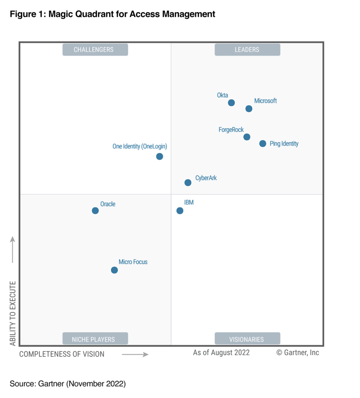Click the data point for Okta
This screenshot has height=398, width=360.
pyautogui.click(x=231, y=103)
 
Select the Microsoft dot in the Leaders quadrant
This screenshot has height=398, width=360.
pyautogui.click(x=249, y=108)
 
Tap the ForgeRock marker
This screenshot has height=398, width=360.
pyautogui.click(x=246, y=137)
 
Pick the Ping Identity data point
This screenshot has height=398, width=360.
pyautogui.click(x=263, y=143)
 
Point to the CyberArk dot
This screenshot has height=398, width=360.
pyautogui.click(x=188, y=182)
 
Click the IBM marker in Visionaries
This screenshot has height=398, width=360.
pyautogui.click(x=180, y=211)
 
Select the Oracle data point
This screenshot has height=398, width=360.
pyautogui.click(x=95, y=211)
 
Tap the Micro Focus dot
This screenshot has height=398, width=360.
pyautogui.click(x=114, y=270)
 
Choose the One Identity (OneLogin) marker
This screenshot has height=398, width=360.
pyautogui.click(x=159, y=156)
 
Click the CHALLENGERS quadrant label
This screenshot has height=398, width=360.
pyautogui.click(x=95, y=50)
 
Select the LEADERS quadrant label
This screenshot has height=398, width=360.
pyautogui.click(x=247, y=50)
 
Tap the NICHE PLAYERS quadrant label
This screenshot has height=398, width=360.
pyautogui.click(x=95, y=339)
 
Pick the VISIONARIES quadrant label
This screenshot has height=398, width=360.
pyautogui.click(x=247, y=339)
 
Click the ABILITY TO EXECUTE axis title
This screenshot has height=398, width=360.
pyautogui.click(x=13, y=313)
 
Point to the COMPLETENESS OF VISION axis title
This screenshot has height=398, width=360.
pyautogui.click(x=62, y=354)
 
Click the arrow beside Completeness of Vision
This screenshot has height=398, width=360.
pyautogui.click(x=135, y=354)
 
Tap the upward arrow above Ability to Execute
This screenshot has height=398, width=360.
pyautogui.click(x=13, y=249)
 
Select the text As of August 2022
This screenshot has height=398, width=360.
pyautogui.click(x=221, y=353)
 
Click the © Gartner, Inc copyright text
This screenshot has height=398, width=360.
pyautogui.click(x=297, y=353)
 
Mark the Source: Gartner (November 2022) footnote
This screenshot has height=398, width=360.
pyautogui.click(x=68, y=384)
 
